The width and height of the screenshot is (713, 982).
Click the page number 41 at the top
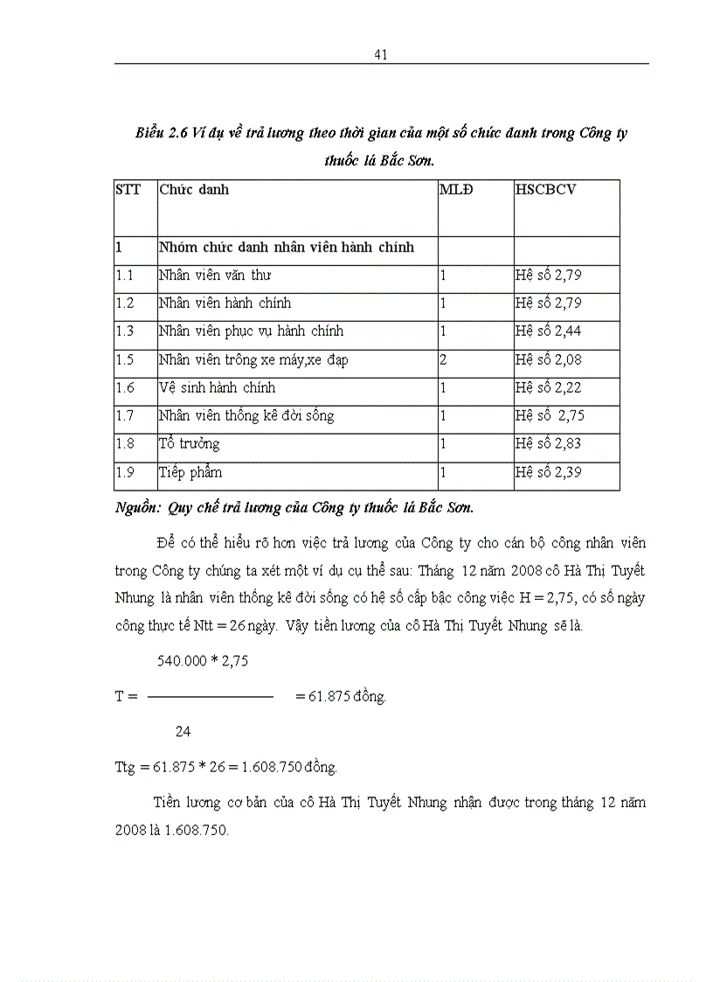click(380, 54)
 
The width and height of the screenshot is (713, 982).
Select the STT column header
click(128, 189)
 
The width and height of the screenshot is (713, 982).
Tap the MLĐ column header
click(456, 189)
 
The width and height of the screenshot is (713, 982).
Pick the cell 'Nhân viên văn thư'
click(215, 275)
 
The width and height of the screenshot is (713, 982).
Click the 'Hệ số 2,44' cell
click(548, 331)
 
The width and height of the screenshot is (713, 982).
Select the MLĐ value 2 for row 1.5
click(444, 359)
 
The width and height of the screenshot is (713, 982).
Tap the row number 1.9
click(125, 472)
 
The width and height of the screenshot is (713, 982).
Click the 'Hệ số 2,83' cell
click(548, 443)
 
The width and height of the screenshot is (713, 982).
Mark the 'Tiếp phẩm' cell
click(190, 472)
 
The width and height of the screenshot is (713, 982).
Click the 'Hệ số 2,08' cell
click(548, 359)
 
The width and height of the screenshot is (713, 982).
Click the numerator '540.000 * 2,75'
click(203, 661)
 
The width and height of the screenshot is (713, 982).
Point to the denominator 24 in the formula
click(183, 731)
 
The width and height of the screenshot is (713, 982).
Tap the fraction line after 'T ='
click(211, 697)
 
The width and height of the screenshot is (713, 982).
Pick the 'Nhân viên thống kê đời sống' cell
click(246, 415)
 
